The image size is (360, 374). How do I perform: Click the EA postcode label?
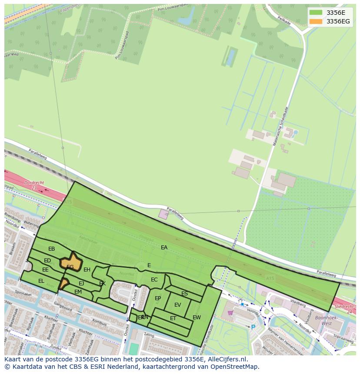164,248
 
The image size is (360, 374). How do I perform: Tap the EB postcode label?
52,249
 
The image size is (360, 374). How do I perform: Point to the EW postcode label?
197,318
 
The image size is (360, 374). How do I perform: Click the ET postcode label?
173,318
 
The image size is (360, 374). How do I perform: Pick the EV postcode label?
177,305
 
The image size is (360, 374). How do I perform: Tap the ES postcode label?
184,294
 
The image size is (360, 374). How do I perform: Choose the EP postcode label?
158,298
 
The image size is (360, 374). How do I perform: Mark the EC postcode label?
154,280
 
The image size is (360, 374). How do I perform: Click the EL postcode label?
41,281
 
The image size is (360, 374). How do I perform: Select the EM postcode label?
78,292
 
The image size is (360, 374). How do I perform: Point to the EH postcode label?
87,270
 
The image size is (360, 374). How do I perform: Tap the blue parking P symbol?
253,327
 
